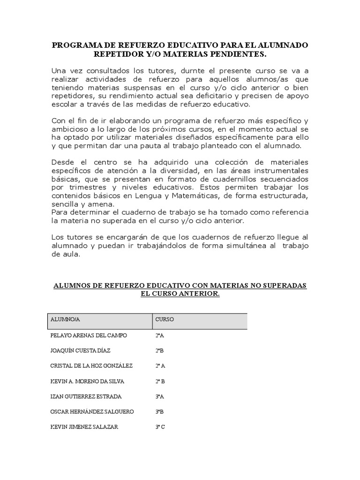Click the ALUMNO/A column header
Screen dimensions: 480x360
(65, 320)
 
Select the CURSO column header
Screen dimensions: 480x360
(165, 320)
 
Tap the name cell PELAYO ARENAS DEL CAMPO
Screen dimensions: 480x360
(88, 336)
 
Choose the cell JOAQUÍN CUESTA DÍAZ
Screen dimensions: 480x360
(80, 351)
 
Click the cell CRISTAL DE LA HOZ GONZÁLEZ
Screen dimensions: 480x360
(91, 366)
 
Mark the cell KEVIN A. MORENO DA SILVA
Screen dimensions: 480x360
(87, 381)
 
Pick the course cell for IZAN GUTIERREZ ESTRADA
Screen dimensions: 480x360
(159, 397)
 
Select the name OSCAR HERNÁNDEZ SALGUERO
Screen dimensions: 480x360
(92, 412)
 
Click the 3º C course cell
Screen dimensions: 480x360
(160, 427)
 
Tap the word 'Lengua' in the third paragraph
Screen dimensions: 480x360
(145, 195)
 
